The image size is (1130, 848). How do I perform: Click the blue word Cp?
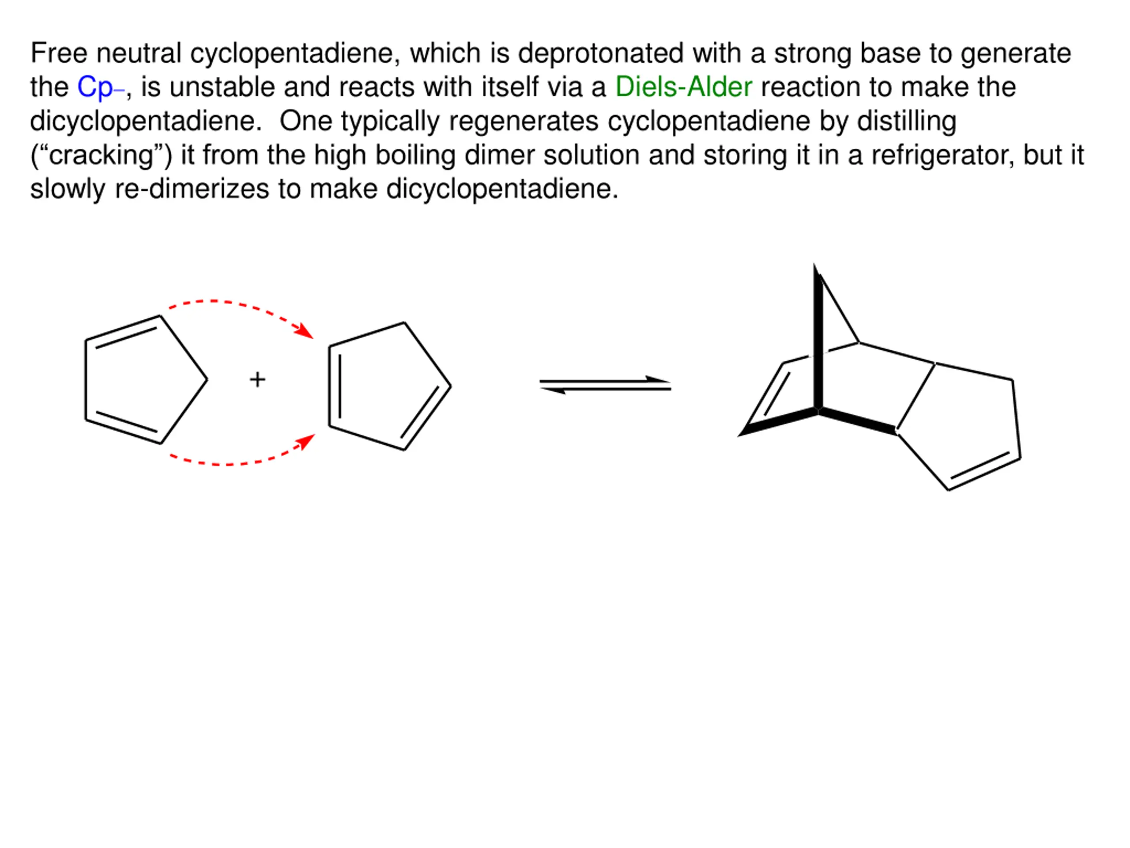(95, 87)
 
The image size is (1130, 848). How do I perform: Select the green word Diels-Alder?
(683, 87)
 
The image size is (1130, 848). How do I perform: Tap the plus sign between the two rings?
(257, 379)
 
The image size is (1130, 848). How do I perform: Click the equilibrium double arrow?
(605, 385)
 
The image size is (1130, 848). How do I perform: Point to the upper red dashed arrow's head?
(306, 331)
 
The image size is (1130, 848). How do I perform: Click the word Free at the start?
(59, 53)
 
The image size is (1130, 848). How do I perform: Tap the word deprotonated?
(600, 53)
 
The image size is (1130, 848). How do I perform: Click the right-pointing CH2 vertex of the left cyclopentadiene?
(207, 379)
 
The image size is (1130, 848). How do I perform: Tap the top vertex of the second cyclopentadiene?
(404, 322)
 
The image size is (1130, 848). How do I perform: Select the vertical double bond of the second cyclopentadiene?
(335, 386)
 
